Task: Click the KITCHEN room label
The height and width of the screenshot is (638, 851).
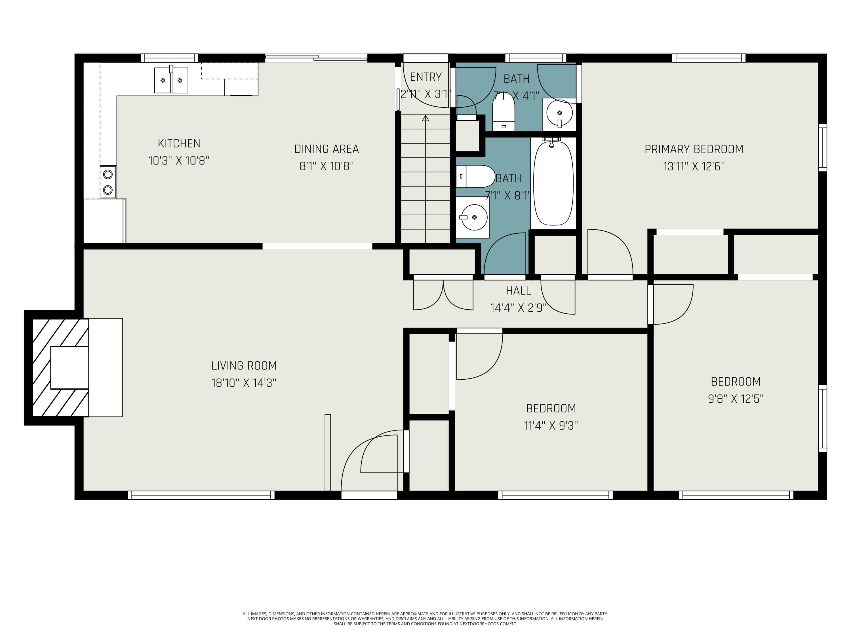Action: [x=179, y=143]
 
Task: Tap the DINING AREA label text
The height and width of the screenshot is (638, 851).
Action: [x=327, y=149]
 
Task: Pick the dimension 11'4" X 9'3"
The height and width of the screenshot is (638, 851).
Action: [x=551, y=425]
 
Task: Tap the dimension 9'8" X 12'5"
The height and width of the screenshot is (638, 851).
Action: [x=736, y=398]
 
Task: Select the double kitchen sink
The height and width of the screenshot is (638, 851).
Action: [x=171, y=80]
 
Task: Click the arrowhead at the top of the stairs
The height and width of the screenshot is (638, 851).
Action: [x=425, y=119]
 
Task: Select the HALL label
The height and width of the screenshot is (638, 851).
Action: [x=518, y=291]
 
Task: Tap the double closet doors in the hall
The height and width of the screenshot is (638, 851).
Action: [x=443, y=294]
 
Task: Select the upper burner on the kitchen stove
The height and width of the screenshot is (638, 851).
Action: [x=108, y=174]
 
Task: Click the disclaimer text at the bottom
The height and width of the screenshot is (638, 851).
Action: [x=425, y=619]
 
